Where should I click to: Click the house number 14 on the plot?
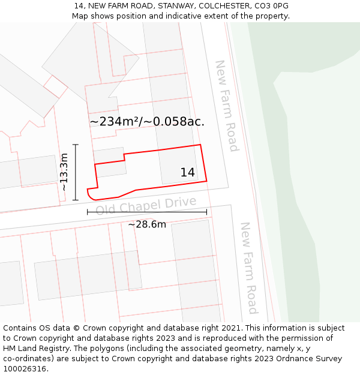pyautogui.click(x=187, y=173)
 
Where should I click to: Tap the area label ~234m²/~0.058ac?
pyautogui.click(x=147, y=122)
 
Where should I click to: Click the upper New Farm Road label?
pyautogui.click(x=227, y=106)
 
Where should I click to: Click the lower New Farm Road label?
pyautogui.click(x=248, y=268)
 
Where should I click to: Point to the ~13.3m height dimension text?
pyautogui.click(x=64, y=172)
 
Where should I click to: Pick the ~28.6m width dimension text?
pyautogui.click(x=147, y=224)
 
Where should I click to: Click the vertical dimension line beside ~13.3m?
pyautogui.click(x=76, y=172)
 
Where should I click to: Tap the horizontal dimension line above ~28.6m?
pyautogui.click(x=147, y=212)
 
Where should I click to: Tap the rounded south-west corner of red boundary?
pyautogui.click(x=91, y=195)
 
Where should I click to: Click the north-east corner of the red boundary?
pyautogui.click(x=200, y=145)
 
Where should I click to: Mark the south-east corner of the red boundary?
pyautogui.click(x=206, y=180)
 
